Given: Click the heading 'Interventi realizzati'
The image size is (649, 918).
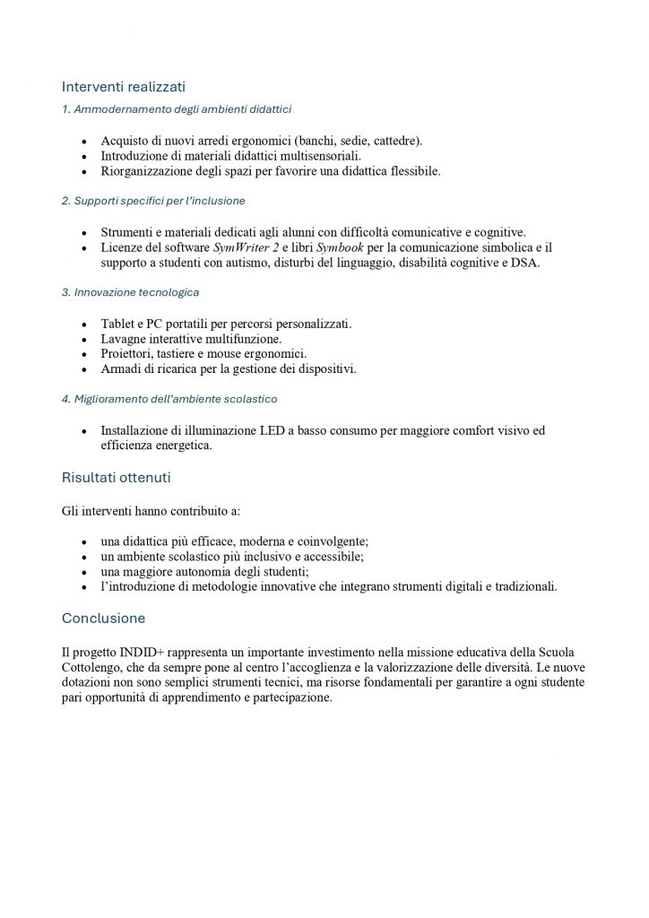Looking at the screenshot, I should point(123,87).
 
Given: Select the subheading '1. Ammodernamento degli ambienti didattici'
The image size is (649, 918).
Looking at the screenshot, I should point(176,109).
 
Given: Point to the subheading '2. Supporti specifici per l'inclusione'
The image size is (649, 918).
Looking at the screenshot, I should point(153,201).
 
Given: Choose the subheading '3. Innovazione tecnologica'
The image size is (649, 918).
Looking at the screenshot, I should point(130,292).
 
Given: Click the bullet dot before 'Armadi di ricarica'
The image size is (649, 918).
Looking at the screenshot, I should point(84,369).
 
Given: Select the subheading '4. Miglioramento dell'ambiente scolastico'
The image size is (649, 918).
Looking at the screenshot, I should point(169,398).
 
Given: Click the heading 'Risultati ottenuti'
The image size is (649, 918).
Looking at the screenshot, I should point(116,477).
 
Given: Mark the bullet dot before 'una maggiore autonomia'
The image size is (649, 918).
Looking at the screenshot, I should point(84,572).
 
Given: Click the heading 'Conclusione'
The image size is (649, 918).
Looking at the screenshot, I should point(103,619).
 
